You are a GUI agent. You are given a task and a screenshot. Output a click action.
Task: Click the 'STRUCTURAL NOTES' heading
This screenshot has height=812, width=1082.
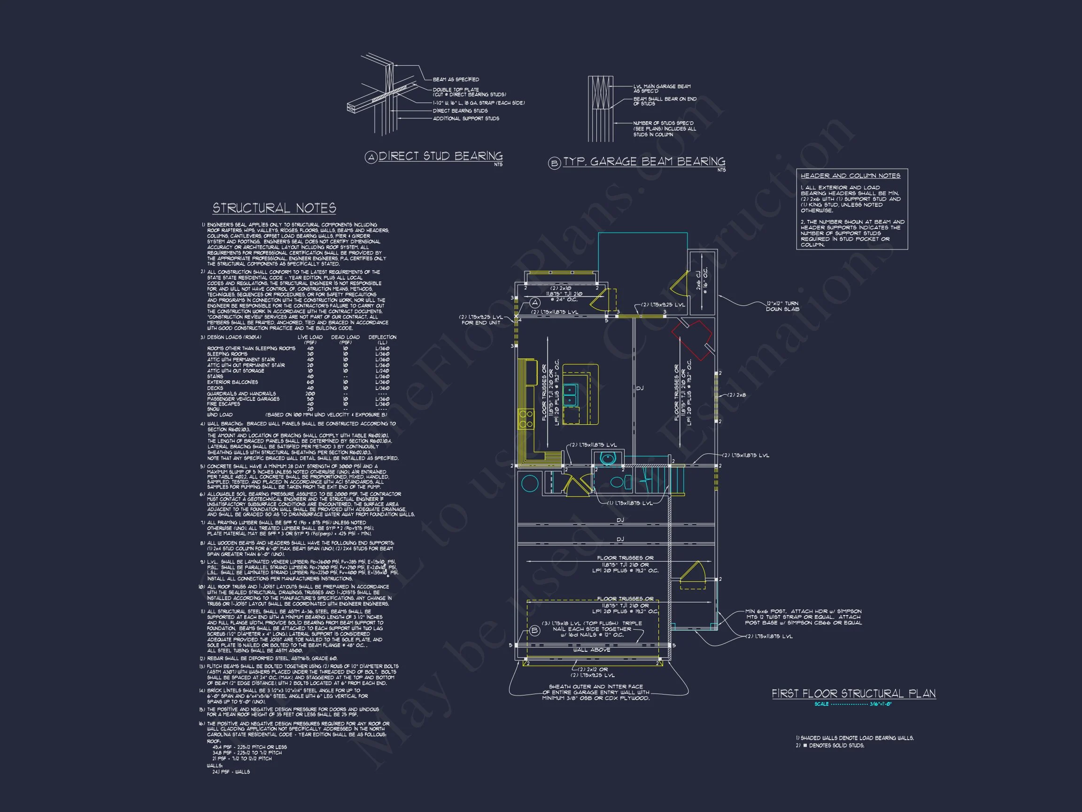pyautogui.click(x=274, y=208)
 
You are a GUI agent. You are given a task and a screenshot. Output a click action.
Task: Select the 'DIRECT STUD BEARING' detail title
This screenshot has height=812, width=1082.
pyautogui.click(x=440, y=156)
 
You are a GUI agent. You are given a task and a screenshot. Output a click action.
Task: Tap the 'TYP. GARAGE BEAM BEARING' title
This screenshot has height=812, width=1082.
pyautogui.click(x=644, y=162)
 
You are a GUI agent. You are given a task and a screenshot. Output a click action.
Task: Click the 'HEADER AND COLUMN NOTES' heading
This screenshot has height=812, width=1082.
pyautogui.click(x=850, y=176)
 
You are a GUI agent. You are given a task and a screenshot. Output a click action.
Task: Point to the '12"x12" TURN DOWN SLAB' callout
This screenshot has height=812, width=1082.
pyautogui.click(x=782, y=306)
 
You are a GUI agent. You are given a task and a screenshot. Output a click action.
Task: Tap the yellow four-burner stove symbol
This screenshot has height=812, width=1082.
pyautogui.click(x=526, y=419)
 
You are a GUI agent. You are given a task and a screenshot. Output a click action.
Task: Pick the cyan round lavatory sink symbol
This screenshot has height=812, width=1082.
pyautogui.click(x=607, y=459)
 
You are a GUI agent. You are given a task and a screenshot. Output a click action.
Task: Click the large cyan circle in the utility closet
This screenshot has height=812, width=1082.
pyautogui.click(x=529, y=483)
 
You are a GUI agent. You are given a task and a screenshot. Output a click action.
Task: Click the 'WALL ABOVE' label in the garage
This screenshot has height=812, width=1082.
pyautogui.click(x=591, y=650)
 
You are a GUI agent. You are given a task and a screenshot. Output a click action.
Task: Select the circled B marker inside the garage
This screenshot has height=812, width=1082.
pyautogui.click(x=534, y=631)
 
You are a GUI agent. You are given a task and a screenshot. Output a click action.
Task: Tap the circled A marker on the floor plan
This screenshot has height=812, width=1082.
pyautogui.click(x=534, y=303)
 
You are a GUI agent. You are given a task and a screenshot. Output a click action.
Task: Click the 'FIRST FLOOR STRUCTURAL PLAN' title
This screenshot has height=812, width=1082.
pyautogui.click(x=854, y=694)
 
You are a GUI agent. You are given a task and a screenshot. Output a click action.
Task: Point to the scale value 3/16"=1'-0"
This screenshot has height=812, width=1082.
pyautogui.click(x=881, y=704)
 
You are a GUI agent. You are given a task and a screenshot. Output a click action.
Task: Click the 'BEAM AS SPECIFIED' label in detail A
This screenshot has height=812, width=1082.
pyautogui.click(x=456, y=79)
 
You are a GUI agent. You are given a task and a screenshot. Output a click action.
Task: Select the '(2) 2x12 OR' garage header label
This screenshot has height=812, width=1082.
pyautogui.click(x=593, y=669)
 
